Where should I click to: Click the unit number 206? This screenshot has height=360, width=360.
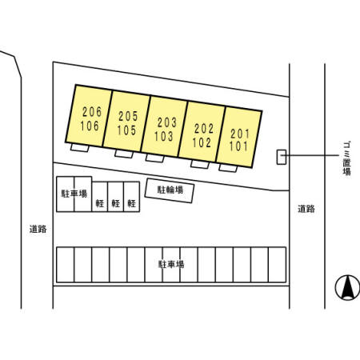click(92, 112)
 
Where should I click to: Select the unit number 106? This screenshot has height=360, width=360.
click(90, 126)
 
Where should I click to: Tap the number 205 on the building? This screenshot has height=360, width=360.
click(128, 116)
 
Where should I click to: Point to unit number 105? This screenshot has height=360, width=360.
click(126, 130)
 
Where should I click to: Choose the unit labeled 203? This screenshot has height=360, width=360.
click(167, 122)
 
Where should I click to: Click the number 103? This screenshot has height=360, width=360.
click(164, 136)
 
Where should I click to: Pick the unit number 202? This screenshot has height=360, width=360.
click(204, 129)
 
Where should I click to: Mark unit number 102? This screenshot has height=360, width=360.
click(202, 142)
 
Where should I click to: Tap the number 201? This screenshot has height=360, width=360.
click(240, 134)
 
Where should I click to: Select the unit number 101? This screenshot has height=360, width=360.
click(238, 146)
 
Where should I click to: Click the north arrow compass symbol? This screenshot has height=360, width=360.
click(347, 288)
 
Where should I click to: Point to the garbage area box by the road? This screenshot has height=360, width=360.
click(282, 157)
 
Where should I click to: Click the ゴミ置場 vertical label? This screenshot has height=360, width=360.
click(346, 158)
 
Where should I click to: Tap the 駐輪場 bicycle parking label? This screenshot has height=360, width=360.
click(170, 190)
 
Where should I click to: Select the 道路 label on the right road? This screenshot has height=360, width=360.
click(306, 209)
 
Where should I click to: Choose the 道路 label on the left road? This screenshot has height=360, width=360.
click(38, 229)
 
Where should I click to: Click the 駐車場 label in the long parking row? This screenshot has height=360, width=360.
click(171, 265)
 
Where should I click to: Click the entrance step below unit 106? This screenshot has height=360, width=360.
click(80, 147)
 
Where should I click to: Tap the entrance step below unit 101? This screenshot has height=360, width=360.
click(228, 168)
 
